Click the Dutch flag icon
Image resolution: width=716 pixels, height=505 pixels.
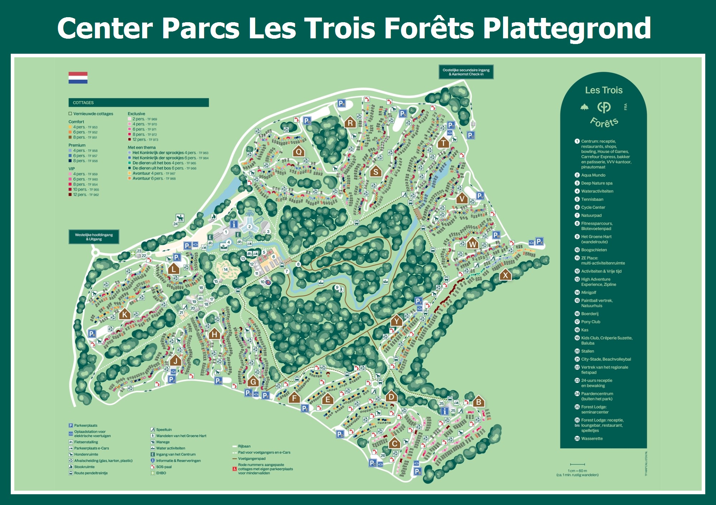pyautogui.click(x=78, y=78)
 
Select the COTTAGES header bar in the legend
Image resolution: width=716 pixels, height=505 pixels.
pyautogui.click(x=139, y=103)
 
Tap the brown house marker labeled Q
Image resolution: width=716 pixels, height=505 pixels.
pyautogui.click(x=299, y=152)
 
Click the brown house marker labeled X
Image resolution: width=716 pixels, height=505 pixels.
pyautogui.click(x=505, y=275)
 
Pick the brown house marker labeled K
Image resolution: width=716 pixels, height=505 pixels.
pyautogui.click(x=124, y=314)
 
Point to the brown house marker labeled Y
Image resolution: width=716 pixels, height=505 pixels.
pyautogui.click(x=396, y=321)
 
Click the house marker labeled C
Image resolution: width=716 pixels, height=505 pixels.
pyautogui.click(x=395, y=443)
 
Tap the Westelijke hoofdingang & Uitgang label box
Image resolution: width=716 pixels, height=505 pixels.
pyautogui.click(x=94, y=237)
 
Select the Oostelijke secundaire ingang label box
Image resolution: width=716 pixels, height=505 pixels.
pyautogui.click(x=466, y=72)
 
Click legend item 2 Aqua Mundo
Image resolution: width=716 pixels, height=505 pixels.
pyautogui.click(x=593, y=175)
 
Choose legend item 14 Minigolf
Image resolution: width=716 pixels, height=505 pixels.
pyautogui.click(x=588, y=293)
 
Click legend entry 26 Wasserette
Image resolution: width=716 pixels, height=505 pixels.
pyautogui.click(x=591, y=439)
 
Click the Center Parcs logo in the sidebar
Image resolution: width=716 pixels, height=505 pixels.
pyautogui.click(x=604, y=107)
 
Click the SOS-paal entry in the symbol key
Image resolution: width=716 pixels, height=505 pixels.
pyautogui.click(x=164, y=467)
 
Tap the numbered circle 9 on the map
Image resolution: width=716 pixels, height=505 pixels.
pyautogui.click(x=337, y=288)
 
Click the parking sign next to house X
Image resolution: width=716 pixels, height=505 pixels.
pyautogui.click(x=540, y=241)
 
